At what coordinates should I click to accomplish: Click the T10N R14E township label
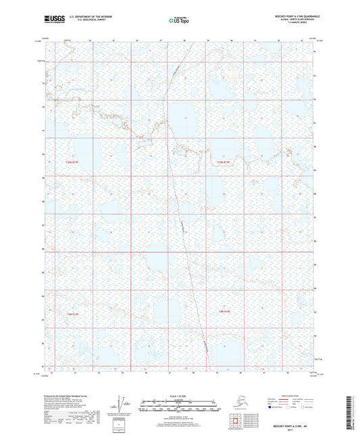[224, 162]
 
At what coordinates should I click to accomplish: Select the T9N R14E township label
[225, 311]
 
